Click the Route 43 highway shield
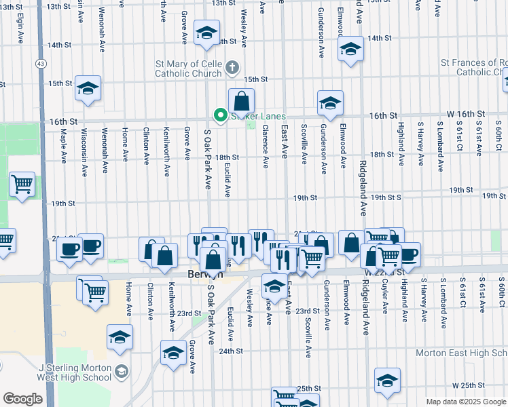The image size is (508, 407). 42,63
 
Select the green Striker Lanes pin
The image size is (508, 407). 219,116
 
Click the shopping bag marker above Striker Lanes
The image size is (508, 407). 241,102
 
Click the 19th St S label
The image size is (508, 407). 385,197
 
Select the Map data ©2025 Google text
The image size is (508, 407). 465,402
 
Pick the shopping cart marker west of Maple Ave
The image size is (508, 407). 22,183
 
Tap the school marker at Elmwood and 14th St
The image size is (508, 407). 350,50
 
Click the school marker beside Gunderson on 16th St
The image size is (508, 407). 330,103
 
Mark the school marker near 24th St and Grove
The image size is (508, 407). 173,353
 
